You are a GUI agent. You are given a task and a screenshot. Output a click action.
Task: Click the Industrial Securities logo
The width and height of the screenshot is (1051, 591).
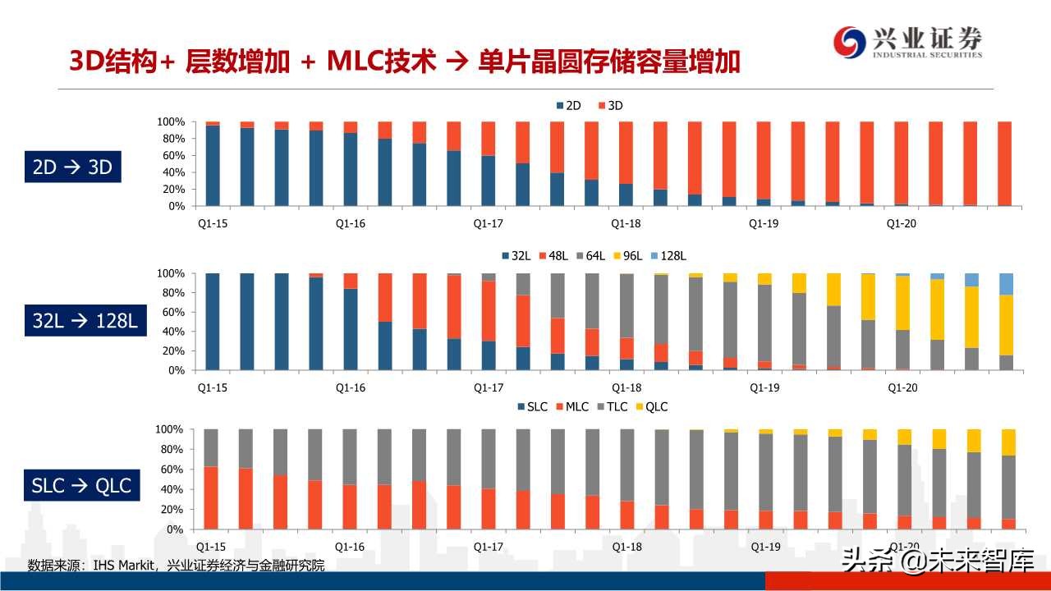(x=907, y=42)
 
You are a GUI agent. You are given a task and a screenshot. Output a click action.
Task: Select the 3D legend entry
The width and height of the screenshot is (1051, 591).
(x=611, y=106)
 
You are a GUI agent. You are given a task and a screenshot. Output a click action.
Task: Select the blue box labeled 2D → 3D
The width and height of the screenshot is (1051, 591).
(x=72, y=167)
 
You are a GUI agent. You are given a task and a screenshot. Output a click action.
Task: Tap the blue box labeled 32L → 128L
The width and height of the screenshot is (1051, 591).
(x=85, y=321)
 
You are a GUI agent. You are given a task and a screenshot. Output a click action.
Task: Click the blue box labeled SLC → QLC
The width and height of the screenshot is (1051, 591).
(x=80, y=485)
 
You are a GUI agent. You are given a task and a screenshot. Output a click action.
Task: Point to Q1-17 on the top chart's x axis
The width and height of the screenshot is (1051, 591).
(x=489, y=223)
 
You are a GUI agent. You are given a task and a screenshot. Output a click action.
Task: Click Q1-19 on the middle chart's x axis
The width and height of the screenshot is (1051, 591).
(x=764, y=387)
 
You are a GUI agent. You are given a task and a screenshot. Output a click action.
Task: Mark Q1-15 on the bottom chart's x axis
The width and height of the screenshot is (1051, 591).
(x=212, y=547)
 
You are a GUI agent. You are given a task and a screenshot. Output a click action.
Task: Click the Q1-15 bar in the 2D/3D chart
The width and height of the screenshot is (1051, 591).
(x=212, y=164)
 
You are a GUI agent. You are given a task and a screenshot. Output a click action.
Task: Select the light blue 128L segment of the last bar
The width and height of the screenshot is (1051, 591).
(x=1005, y=284)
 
